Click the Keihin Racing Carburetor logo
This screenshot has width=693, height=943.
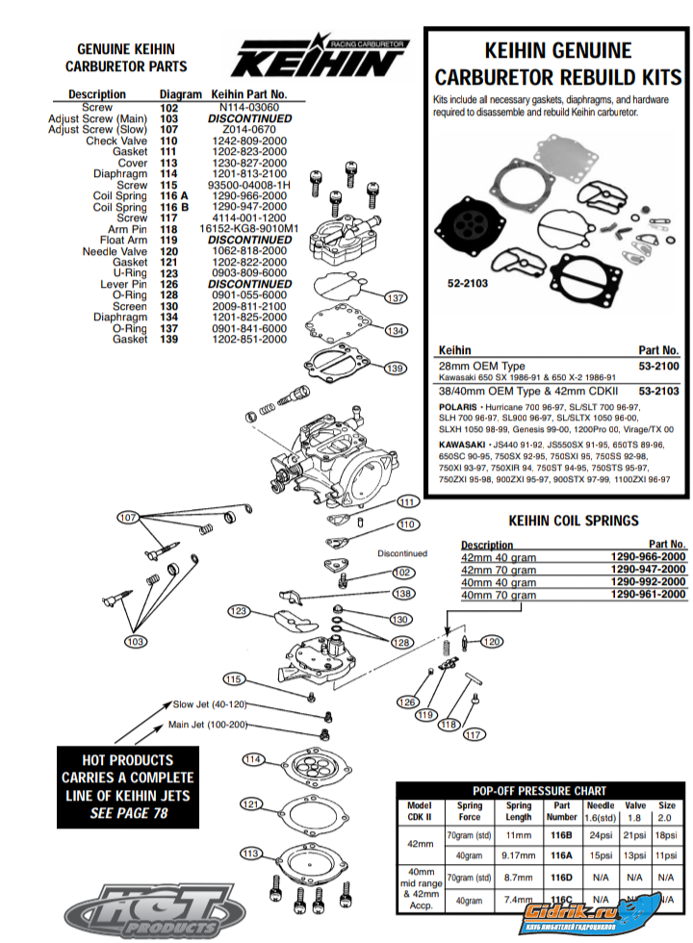tap(319, 59)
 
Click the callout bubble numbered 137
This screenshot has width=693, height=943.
tap(395, 297)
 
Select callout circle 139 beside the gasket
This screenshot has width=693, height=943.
tap(394, 368)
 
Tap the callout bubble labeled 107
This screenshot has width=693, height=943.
tap(129, 518)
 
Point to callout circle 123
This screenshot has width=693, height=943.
tap(238, 611)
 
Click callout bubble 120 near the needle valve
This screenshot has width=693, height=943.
tap(491, 641)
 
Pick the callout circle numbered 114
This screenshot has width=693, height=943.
tap(253, 760)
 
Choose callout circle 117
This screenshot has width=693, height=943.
tap(472, 735)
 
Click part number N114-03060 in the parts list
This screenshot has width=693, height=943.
tap(249, 108)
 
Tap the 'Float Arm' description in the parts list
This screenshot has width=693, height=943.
tap(123, 240)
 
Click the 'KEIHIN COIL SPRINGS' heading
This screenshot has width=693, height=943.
tap(573, 521)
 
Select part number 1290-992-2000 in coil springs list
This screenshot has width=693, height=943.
tap(648, 582)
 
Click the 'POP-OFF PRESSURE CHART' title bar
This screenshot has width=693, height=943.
tap(539, 790)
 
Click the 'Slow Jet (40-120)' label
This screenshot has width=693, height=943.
tap(209, 704)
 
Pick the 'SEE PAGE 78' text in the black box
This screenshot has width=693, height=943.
tap(128, 814)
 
